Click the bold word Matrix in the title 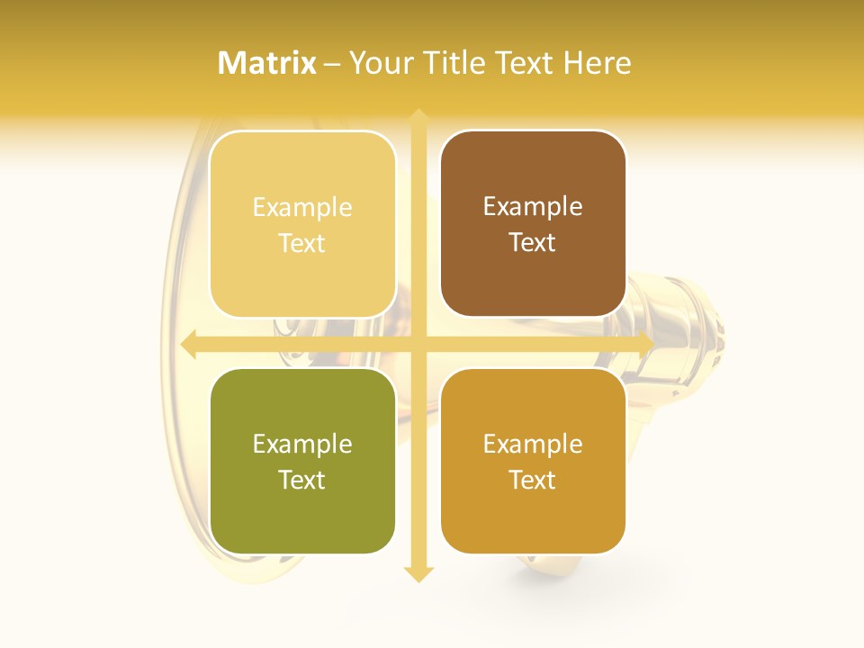point(267,63)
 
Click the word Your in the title point(378,63)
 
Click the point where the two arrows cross point(418,344)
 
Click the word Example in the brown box point(533,207)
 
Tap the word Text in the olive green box point(302,480)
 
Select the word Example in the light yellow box point(302,208)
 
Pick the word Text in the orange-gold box point(533,480)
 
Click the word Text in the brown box point(533,242)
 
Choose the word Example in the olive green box point(302,444)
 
